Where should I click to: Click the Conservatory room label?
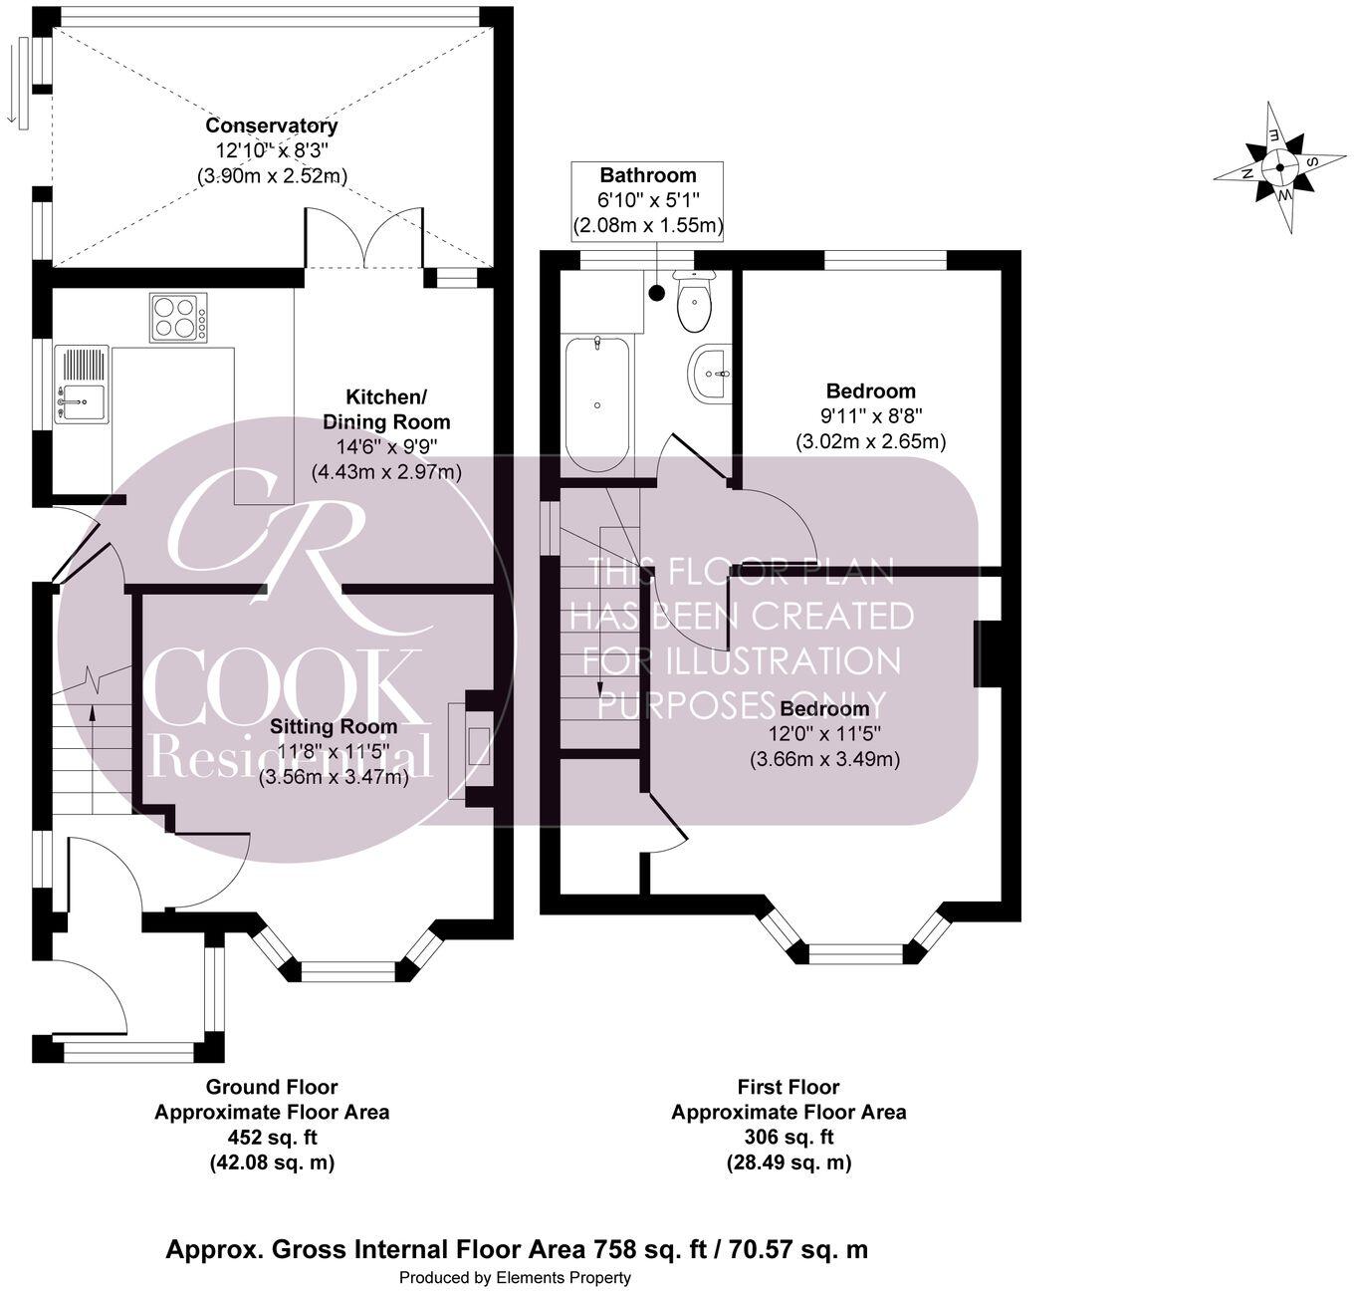[272, 126]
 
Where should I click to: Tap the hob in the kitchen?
[177, 318]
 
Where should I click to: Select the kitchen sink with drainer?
[82, 384]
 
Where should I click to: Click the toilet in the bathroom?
[694, 300]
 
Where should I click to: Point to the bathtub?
[597, 403]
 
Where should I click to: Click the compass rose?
[1278, 166]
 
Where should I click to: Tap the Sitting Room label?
[334, 726]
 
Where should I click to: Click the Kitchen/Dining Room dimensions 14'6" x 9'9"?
[386, 447]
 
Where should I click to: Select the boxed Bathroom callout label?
[647, 200]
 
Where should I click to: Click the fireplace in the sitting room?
[471, 751]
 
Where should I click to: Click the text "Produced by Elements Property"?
[515, 1277]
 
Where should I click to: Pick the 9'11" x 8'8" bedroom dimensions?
[870, 415]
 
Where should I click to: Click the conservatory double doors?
[364, 236]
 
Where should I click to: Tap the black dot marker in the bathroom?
[657, 293]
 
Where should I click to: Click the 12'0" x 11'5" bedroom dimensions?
[825, 734]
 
